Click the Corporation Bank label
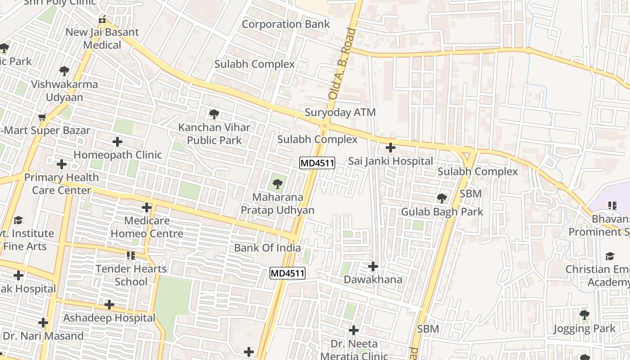click(x=286, y=24)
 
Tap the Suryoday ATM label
click(x=340, y=112)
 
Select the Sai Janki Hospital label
click(x=391, y=161)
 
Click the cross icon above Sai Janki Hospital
click(x=391, y=147)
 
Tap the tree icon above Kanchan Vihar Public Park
click(x=214, y=114)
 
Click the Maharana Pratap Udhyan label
click(x=277, y=203)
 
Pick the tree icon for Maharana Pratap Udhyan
click(x=278, y=183)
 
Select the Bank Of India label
click(x=267, y=247)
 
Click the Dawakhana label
click(x=373, y=279)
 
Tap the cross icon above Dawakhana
click(x=373, y=266)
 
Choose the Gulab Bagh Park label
click(x=442, y=211)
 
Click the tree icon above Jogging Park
click(x=584, y=315)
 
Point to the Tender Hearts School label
click(x=131, y=275)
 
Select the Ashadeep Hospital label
click(x=109, y=318)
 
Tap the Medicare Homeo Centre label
click(x=147, y=227)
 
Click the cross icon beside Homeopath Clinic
click(x=117, y=142)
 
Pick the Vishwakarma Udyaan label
click(x=64, y=90)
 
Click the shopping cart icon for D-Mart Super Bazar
click(x=42, y=117)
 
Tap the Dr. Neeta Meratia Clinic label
click(x=354, y=350)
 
